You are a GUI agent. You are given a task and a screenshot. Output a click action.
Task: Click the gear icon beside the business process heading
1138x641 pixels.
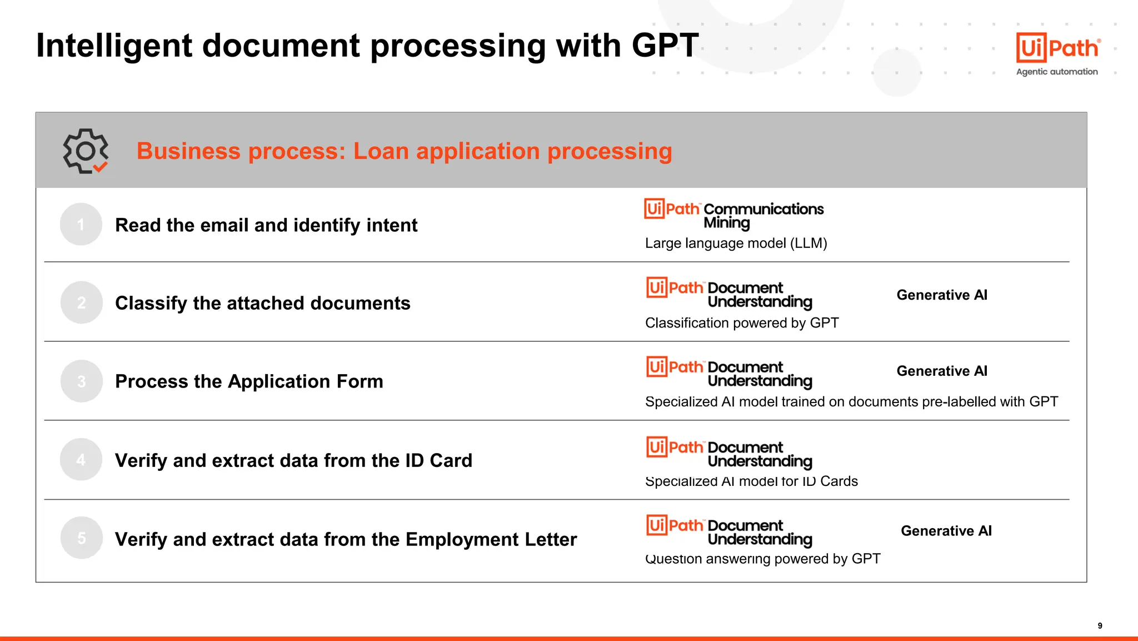click(85, 151)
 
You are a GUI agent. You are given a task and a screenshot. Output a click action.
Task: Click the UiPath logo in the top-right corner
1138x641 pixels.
click(1057, 48)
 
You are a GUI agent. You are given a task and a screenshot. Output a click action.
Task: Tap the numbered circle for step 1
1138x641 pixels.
click(81, 224)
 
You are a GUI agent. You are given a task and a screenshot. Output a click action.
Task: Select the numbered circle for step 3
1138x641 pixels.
click(82, 381)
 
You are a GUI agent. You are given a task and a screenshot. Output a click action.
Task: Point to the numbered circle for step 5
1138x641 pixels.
click(82, 538)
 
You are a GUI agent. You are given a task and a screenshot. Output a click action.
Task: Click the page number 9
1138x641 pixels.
click(1100, 625)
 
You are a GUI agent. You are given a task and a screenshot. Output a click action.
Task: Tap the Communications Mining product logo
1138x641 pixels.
click(733, 215)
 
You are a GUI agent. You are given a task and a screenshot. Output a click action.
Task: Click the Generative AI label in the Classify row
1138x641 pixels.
click(942, 295)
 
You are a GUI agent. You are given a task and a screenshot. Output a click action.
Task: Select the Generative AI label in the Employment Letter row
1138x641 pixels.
click(946, 531)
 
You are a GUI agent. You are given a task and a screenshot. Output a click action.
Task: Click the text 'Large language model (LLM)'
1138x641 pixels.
click(736, 244)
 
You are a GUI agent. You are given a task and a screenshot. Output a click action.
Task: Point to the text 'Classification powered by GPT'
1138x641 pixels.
click(742, 323)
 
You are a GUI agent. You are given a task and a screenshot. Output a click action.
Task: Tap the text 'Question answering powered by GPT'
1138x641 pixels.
click(762, 559)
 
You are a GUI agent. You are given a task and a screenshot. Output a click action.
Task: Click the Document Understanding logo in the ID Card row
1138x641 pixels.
click(729, 454)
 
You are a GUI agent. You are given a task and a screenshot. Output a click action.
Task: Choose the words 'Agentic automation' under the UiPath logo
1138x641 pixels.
click(1057, 72)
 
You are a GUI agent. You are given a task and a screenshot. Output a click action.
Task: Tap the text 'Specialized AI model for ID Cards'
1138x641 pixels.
click(751, 481)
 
